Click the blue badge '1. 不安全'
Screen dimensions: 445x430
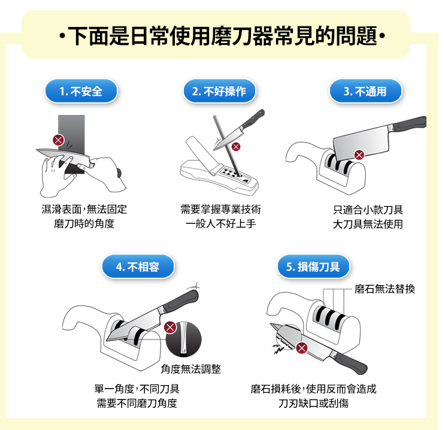[x=81, y=91]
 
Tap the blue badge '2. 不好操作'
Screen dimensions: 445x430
[x=219, y=91]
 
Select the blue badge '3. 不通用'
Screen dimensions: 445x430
[x=365, y=91]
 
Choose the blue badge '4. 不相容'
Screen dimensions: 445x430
[x=138, y=267]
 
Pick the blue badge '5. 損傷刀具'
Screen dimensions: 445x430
[x=313, y=267]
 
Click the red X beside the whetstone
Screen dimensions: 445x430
[x=59, y=140]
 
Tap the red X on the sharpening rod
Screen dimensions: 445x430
[x=236, y=147]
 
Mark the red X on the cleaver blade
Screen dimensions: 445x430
[x=359, y=155]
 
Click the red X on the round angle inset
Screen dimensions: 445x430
[x=170, y=327]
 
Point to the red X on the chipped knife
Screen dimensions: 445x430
[x=302, y=348]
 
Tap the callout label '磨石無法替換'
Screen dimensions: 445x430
[x=385, y=289]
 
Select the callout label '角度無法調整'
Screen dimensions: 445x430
[x=190, y=369]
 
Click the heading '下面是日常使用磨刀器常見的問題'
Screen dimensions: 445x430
[x=222, y=36]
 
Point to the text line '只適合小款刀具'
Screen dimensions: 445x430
[x=368, y=210]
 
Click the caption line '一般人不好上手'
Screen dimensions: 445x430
[x=220, y=224]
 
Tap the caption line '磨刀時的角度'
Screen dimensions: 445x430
[x=84, y=223]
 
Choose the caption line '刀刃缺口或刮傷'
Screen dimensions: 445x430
[x=313, y=403]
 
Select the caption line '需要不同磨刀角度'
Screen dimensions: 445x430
[x=137, y=403]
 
